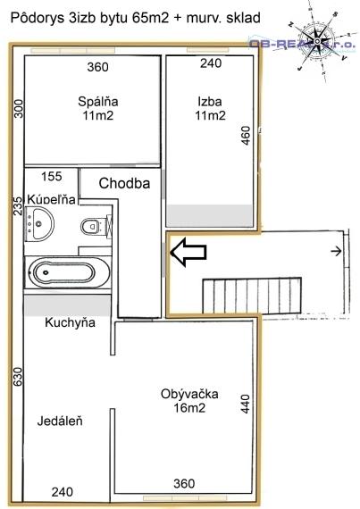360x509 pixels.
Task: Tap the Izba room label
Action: pyautogui.click(x=212, y=101)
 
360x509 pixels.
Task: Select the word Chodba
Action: pyautogui.click(x=123, y=183)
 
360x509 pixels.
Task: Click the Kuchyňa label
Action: pyautogui.click(x=71, y=322)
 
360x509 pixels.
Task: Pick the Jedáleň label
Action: pyautogui.click(x=60, y=420)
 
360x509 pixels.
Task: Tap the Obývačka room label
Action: pyautogui.click(x=190, y=394)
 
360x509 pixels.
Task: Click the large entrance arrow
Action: pyautogui.click(x=188, y=253)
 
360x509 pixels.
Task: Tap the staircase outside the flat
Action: pyautogui.click(x=231, y=293)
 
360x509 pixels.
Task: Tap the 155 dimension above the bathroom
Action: pyautogui.click(x=52, y=177)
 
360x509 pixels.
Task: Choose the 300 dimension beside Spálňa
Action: pyautogui.click(x=15, y=109)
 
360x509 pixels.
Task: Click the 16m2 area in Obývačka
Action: pyautogui.click(x=190, y=408)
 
